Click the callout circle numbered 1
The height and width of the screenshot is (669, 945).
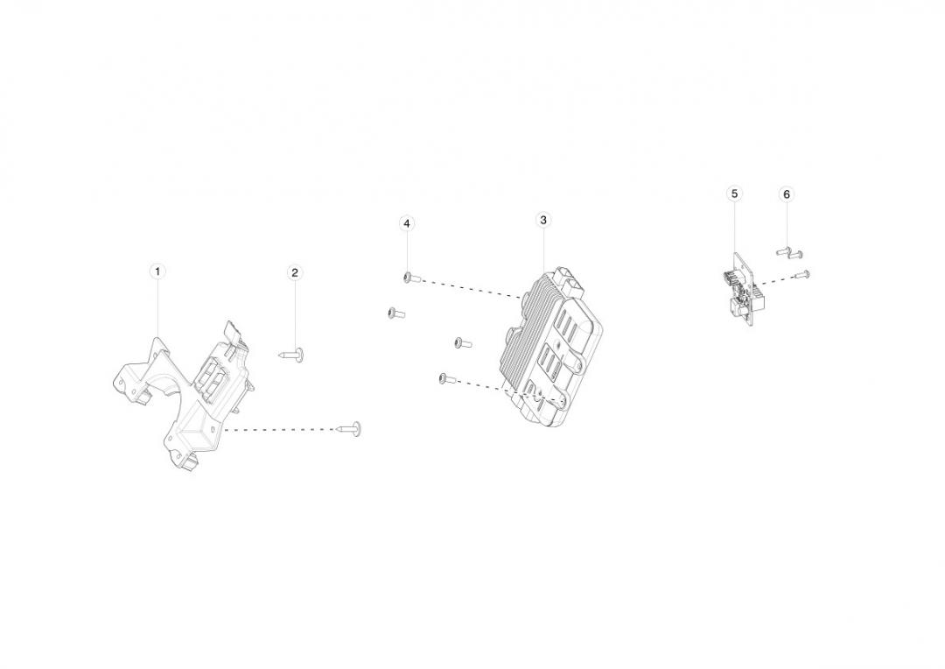click(x=157, y=271)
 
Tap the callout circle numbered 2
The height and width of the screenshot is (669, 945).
click(x=295, y=272)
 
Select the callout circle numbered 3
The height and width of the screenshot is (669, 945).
click(x=543, y=220)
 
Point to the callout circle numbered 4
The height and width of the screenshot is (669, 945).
click(x=407, y=223)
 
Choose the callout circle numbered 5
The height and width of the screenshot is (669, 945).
click(x=734, y=193)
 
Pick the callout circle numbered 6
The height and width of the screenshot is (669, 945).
click(x=786, y=194)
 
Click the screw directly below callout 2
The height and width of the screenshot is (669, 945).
click(x=291, y=355)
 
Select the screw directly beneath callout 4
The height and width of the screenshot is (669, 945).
click(x=411, y=278)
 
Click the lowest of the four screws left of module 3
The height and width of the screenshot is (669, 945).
click(x=447, y=379)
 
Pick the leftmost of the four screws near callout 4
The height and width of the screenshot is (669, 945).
click(x=396, y=313)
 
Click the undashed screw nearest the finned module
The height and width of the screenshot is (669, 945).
click(x=462, y=343)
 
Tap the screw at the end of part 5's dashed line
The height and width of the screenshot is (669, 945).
click(x=802, y=274)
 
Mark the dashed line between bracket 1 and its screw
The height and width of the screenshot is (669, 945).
click(x=281, y=430)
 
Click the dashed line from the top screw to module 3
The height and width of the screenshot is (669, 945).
click(x=472, y=288)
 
